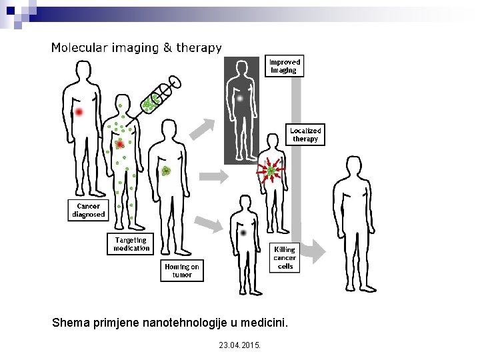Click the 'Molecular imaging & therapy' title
pos(137,48)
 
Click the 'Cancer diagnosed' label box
pos(88,211)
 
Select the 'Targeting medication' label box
pos(130,244)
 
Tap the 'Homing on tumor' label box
pos(181,271)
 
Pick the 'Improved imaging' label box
pos(285,66)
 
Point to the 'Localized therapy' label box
pos(305,135)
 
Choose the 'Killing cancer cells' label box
pos(285,257)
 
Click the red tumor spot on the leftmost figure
pos(79,112)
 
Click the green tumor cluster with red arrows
pos(271,172)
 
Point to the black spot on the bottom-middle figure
pos(243,233)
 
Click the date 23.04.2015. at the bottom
pos(240,345)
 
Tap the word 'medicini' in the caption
pos(265,323)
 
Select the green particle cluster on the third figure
pos(166,171)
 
